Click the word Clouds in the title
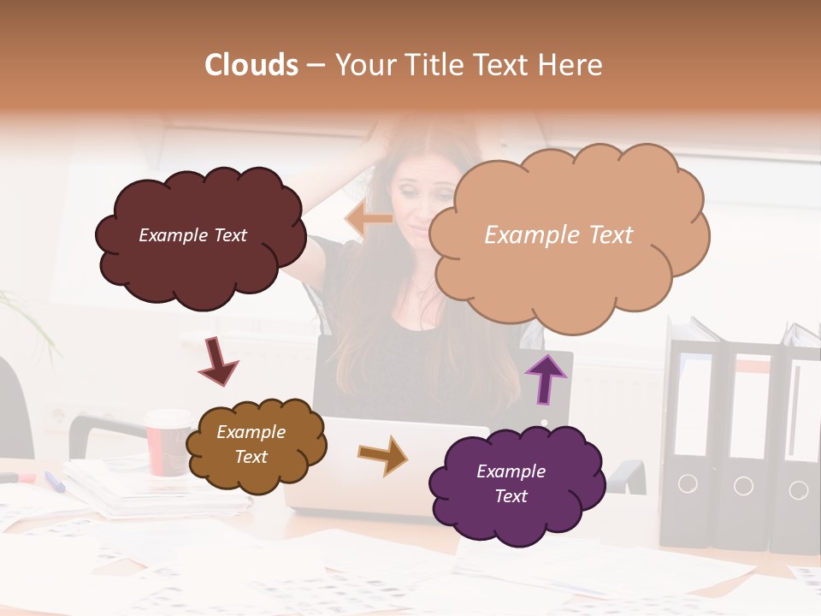[x=251, y=65]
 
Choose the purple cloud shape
[x=517, y=513]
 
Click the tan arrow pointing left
[x=369, y=219]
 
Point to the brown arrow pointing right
[x=382, y=454]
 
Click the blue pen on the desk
[x=55, y=482]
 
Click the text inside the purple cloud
[x=511, y=483]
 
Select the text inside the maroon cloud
[x=192, y=235]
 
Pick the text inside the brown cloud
[x=251, y=445]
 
